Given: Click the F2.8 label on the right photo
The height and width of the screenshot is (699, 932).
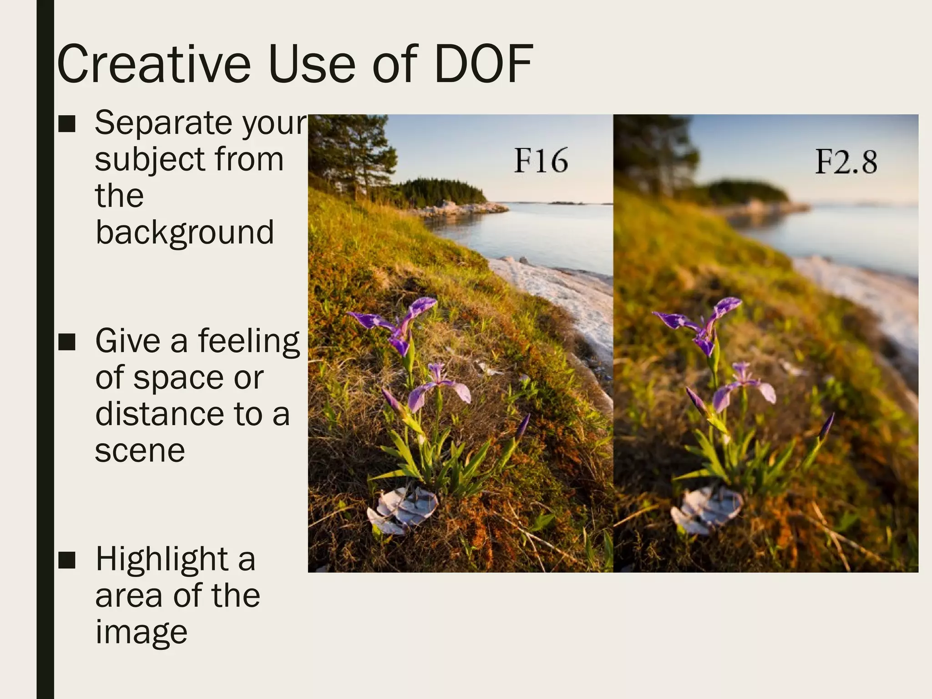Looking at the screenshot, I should pyautogui.click(x=846, y=162).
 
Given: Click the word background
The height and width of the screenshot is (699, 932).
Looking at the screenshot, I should pyautogui.click(x=185, y=233).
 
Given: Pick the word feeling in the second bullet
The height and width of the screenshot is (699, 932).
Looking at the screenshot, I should pyautogui.click(x=248, y=342).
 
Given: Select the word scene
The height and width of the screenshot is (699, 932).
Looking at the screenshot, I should pyautogui.click(x=140, y=451).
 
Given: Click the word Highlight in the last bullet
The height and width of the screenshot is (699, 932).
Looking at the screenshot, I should pyautogui.click(x=162, y=560).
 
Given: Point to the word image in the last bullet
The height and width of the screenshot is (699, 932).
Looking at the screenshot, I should pyautogui.click(x=141, y=633).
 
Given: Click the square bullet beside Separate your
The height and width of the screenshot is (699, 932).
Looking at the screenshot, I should pyautogui.click(x=67, y=124).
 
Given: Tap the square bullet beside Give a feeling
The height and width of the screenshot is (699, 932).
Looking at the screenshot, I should pyautogui.click(x=67, y=342).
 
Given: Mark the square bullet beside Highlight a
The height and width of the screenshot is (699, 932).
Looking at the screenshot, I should pyautogui.click(x=67, y=560).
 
